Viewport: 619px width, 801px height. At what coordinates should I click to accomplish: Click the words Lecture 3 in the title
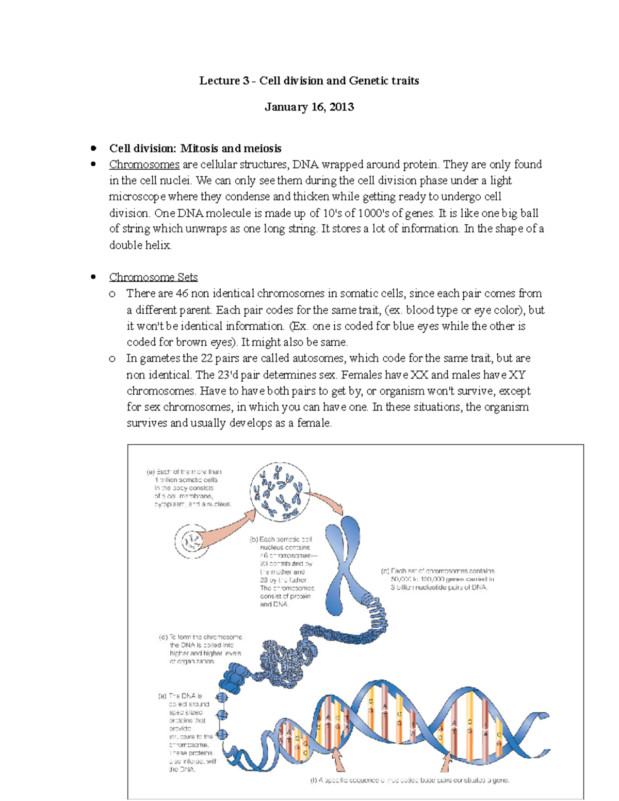[x=220, y=80]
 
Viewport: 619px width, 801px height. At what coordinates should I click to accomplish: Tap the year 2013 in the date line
[x=341, y=107]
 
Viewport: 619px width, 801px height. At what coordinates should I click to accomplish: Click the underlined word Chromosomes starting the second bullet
[x=144, y=165]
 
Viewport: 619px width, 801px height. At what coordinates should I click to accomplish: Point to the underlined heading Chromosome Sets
[x=153, y=277]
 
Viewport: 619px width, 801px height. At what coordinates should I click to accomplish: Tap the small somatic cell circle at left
[x=191, y=542]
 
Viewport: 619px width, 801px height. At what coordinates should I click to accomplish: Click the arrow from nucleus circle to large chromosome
[x=326, y=502]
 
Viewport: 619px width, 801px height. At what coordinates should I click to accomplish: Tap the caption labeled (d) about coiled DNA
[x=201, y=649]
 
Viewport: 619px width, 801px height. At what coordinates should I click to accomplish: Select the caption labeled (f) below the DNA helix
[x=410, y=780]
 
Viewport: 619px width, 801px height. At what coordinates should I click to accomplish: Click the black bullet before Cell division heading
[x=93, y=149]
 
